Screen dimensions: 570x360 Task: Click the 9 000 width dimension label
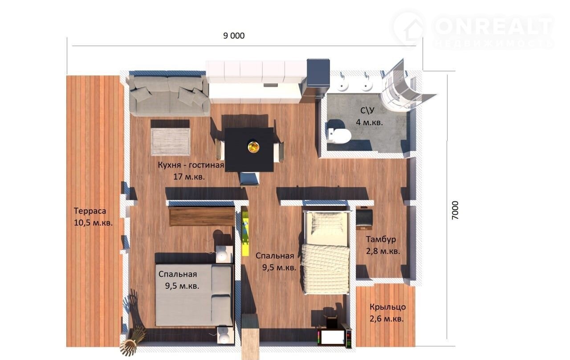[x=234, y=36]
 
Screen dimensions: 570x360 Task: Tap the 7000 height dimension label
[x=455, y=210]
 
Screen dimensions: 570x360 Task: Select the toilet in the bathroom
[x=340, y=135]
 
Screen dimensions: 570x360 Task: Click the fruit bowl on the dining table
[x=253, y=147]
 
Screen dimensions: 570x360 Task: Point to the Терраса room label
[x=90, y=211]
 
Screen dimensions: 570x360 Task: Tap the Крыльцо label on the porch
[x=387, y=307]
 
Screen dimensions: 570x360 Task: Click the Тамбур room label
[x=381, y=239]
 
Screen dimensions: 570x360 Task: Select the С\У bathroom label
[x=367, y=110]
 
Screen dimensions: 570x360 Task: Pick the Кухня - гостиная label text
[x=191, y=165]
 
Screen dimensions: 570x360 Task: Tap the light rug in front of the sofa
[x=171, y=142]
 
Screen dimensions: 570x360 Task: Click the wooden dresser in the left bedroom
[x=202, y=217]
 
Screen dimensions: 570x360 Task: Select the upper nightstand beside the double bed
[x=224, y=254]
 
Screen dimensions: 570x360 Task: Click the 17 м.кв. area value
[x=189, y=177]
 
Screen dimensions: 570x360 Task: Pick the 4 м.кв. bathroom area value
[x=369, y=123]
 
